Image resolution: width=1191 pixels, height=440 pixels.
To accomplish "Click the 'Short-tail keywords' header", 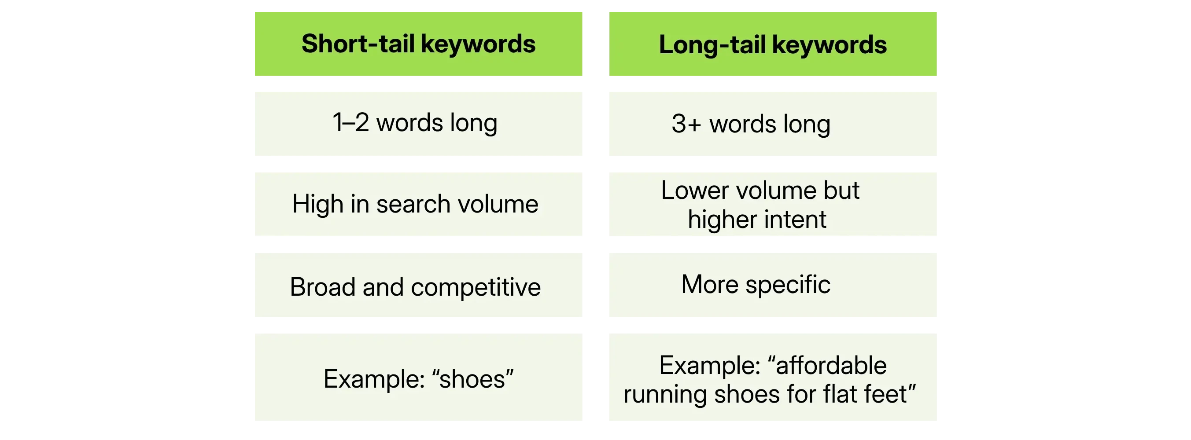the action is coord(418,44).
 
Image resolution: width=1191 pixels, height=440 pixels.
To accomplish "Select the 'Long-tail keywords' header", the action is coord(773,44).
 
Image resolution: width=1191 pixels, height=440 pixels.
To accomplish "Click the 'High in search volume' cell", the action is coord(418,204).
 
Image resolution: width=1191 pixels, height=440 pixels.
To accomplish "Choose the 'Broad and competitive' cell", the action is coord(418,285).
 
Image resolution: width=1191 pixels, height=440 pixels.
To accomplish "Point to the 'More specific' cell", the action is coord(773,285).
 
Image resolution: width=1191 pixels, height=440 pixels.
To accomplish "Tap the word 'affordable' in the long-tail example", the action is coord(831,365).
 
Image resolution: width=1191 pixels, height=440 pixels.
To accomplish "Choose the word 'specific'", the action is coord(788,285).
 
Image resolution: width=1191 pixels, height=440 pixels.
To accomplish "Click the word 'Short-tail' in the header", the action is coord(358,44).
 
